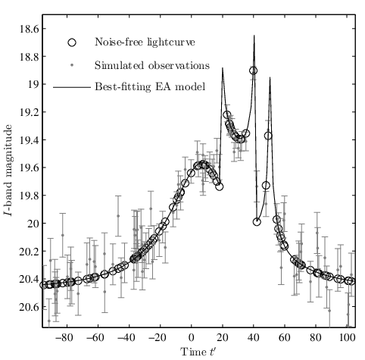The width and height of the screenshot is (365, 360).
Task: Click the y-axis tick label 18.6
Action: click(x=30, y=29)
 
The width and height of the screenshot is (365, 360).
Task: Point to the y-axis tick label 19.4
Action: click(x=30, y=139)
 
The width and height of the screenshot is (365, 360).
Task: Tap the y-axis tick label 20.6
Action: click(x=30, y=307)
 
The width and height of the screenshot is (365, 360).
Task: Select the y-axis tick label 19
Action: click(x=33, y=84)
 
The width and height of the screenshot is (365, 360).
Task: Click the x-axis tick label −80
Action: click(x=65, y=337)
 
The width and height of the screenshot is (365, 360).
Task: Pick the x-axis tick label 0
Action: click(x=192, y=337)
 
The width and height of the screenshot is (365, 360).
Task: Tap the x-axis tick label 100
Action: click(x=346, y=337)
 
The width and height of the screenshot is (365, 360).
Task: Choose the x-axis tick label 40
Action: click(x=254, y=337)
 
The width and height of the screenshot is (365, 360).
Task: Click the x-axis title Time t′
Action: click(x=198, y=352)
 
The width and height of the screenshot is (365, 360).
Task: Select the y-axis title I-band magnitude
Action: click(x=9, y=171)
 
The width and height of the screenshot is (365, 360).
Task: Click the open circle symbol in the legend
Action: click(x=72, y=42)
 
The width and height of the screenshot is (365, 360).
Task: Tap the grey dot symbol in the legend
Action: click(x=72, y=65)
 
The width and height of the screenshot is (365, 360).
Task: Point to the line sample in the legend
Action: click(x=72, y=87)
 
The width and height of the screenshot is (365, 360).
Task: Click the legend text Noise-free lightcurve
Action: click(x=145, y=42)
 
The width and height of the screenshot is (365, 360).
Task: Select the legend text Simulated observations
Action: click(x=152, y=65)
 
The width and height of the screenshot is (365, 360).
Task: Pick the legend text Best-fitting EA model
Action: click(x=150, y=87)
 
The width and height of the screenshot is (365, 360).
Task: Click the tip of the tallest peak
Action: click(x=254, y=35)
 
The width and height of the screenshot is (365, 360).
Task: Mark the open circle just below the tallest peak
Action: click(x=254, y=71)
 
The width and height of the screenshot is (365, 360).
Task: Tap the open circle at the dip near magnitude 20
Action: click(x=257, y=222)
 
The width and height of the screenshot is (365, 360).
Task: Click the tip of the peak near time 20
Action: click(x=223, y=67)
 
